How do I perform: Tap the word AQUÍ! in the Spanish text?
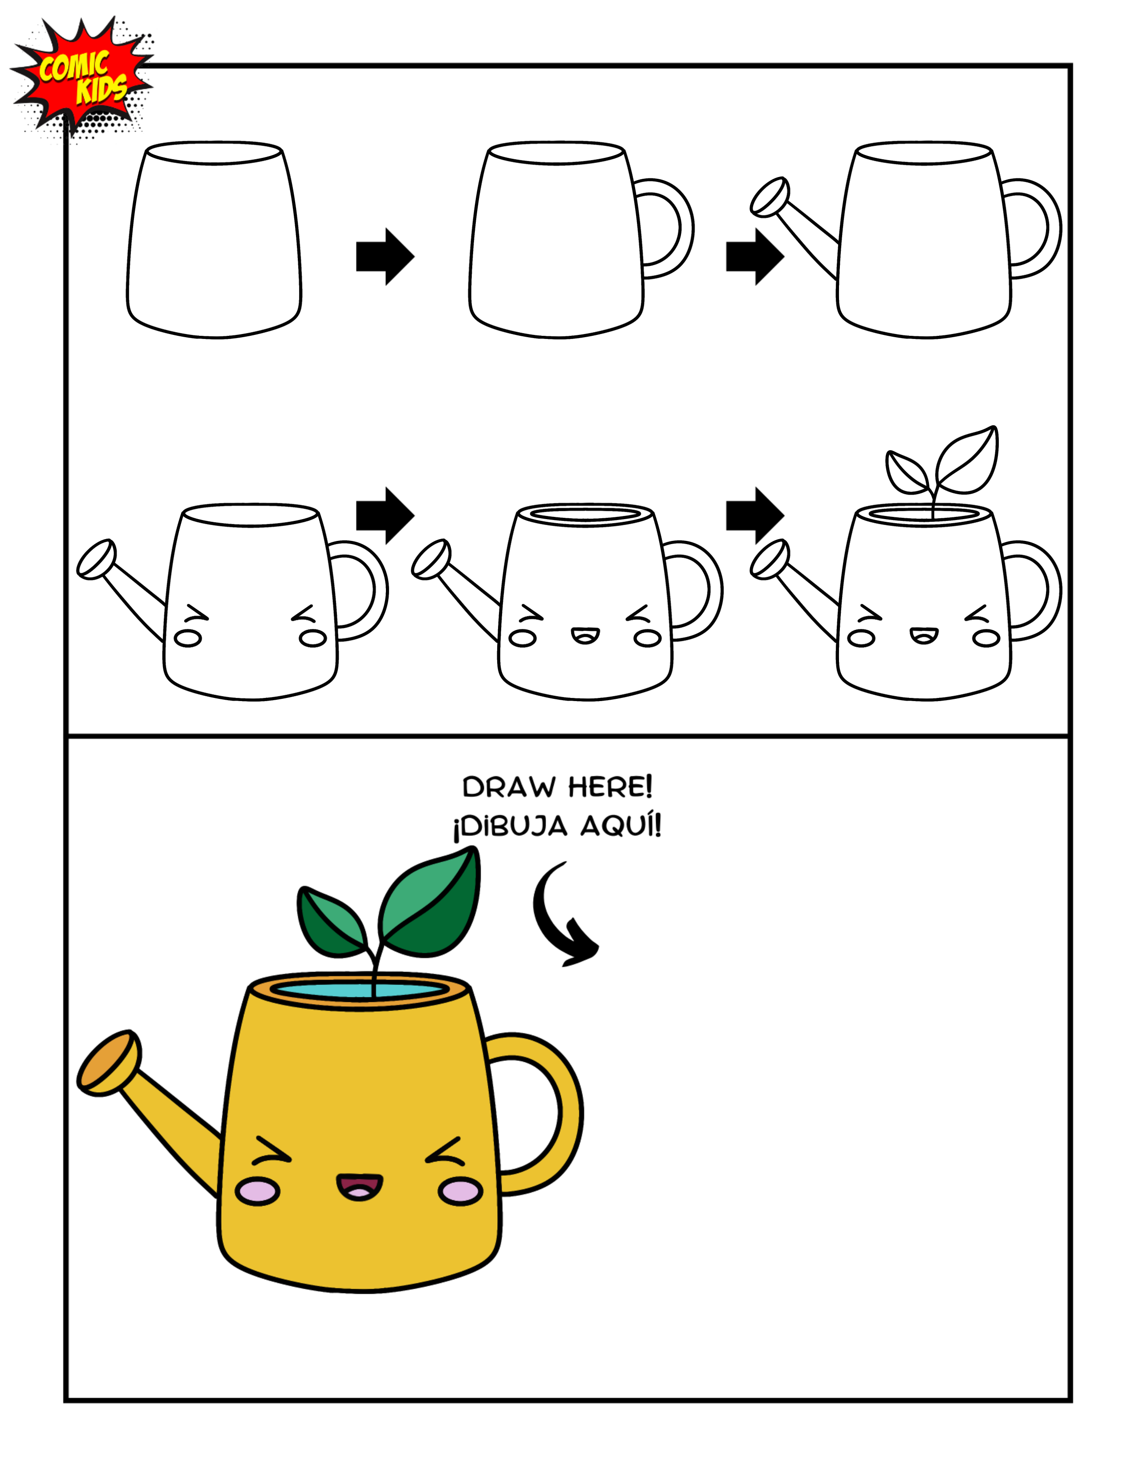tap(621, 825)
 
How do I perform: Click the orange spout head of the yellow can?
tap(108, 1062)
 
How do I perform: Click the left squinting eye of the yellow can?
tap(271, 1151)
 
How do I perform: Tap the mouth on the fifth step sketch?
tap(585, 635)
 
